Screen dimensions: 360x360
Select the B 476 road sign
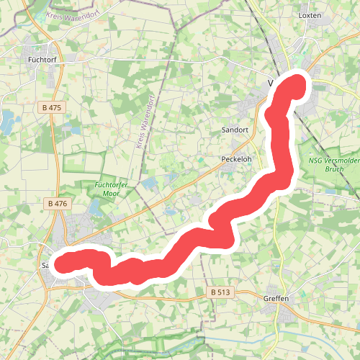[58, 204]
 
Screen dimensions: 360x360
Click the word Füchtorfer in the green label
[112, 185]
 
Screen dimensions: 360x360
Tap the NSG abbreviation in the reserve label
[316, 161]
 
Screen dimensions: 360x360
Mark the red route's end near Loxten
[297, 85]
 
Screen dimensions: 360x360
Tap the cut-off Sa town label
[45, 265]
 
